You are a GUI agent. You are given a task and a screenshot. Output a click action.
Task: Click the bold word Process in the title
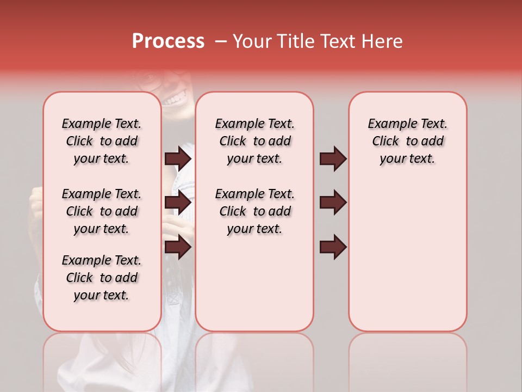168,41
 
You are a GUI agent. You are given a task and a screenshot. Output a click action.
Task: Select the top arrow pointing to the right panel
333,158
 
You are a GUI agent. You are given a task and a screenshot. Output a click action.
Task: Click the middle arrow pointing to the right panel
333,203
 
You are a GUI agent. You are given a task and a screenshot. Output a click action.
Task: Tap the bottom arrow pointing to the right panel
333,247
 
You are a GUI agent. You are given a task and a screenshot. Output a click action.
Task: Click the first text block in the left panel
102,141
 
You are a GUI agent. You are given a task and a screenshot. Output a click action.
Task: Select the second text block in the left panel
102,211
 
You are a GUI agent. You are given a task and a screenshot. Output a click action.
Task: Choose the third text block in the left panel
102,278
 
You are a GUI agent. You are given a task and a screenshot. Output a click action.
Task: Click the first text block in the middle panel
254,141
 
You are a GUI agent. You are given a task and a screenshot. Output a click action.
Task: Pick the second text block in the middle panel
254,211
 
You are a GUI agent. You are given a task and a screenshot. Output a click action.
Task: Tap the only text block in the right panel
407,141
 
